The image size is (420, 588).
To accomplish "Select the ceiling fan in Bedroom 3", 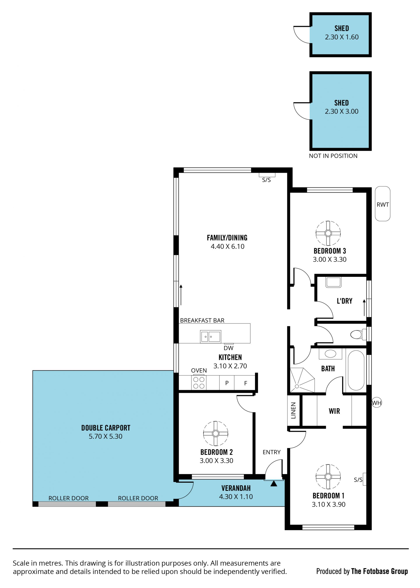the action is [328, 233].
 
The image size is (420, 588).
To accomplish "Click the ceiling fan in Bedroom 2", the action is [215, 433].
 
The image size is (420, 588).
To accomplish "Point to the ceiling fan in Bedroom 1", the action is [328, 476].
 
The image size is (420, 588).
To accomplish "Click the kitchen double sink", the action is [210, 337].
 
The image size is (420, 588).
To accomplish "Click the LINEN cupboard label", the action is [293, 411].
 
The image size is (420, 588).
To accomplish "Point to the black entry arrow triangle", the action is [274, 483].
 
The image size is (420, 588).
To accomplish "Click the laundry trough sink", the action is [333, 282].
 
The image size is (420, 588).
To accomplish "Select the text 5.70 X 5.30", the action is [105, 436].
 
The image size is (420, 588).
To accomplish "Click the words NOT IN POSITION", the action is [333, 156].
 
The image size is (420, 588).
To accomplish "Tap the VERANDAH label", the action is [236, 488].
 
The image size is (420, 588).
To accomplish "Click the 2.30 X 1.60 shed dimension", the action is [342, 37].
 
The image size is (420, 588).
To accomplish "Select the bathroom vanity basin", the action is [330, 354].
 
